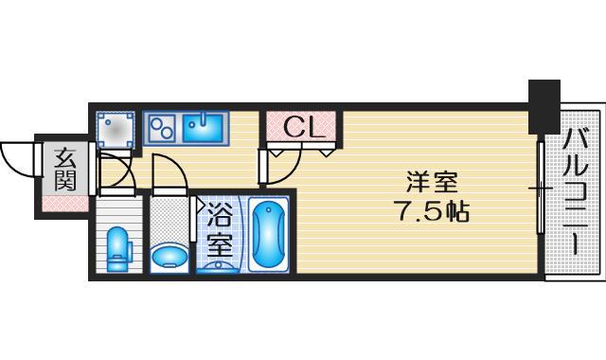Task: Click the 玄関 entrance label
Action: (65, 169)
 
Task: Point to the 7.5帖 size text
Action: (431, 209)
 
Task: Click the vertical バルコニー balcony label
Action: (575, 194)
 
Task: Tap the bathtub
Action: (270, 236)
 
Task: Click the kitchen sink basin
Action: (202, 127)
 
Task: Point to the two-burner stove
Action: (161, 126)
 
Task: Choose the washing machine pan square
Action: (116, 130)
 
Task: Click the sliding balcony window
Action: (541, 189)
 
